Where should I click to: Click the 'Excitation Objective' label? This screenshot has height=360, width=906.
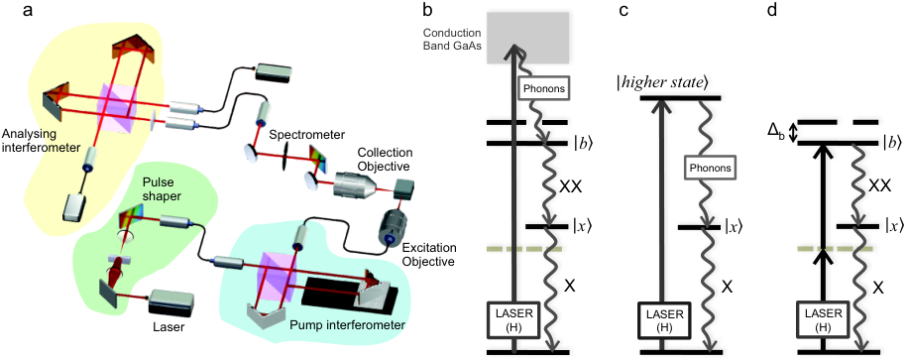(430, 255)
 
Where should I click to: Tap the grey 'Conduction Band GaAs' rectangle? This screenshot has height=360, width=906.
(528, 38)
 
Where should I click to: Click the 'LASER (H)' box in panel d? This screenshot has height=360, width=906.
(821, 319)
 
